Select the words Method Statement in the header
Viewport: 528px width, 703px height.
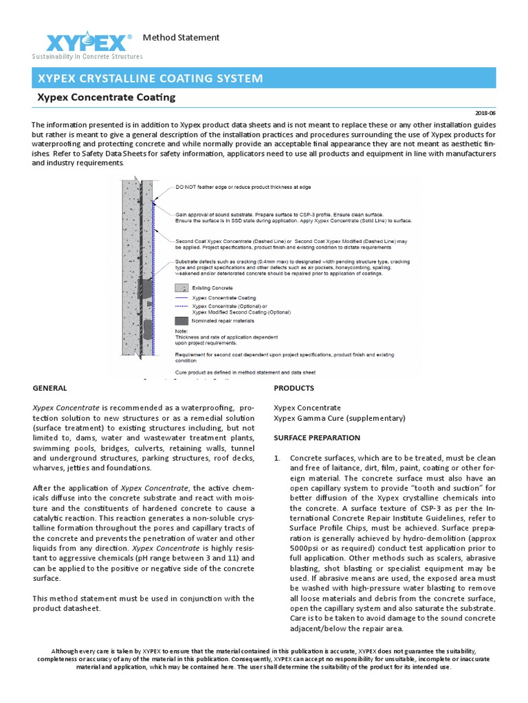(x=181, y=37)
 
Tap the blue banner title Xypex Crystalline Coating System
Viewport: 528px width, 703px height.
(x=149, y=78)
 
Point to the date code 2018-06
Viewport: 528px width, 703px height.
(x=485, y=113)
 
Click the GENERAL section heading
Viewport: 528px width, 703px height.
(x=50, y=388)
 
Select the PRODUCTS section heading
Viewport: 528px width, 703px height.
(x=294, y=388)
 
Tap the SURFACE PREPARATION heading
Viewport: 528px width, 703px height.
(x=316, y=437)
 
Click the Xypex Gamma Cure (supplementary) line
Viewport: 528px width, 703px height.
(x=339, y=418)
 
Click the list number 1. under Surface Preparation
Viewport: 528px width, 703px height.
(x=278, y=457)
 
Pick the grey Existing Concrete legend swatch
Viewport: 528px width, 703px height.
(x=181, y=288)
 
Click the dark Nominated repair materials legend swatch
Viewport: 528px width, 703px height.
(x=181, y=321)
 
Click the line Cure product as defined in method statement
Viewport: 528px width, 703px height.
(x=245, y=372)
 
